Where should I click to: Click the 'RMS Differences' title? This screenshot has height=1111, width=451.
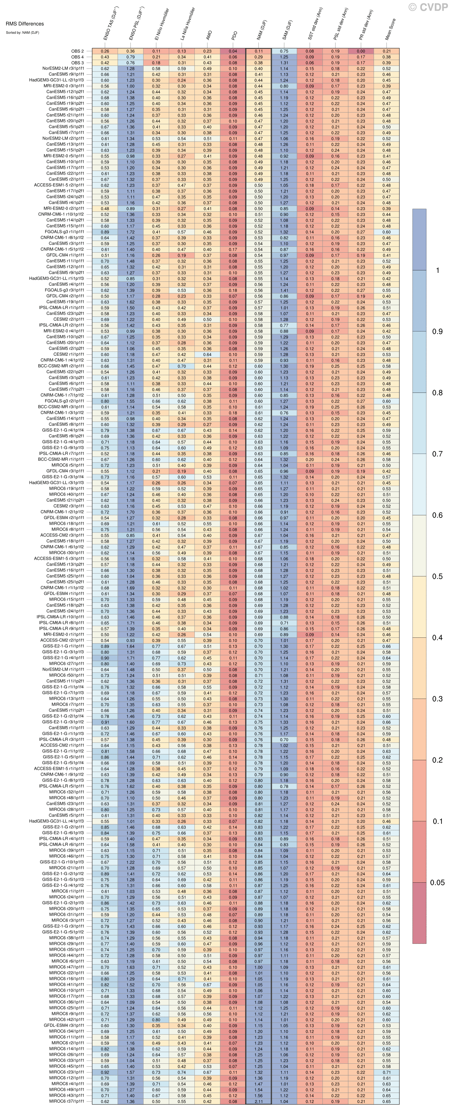[x=25, y=24]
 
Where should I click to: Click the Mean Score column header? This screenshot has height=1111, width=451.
[x=390, y=30]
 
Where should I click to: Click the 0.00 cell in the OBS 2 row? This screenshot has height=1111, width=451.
[x=361, y=51]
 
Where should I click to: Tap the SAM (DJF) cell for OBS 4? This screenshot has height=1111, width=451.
[x=284, y=57]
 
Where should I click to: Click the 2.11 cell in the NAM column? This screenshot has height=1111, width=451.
[x=258, y=1101]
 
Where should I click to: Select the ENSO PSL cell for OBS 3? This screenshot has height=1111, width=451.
[x=130, y=63]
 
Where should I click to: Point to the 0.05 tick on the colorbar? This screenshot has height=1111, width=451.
[x=437, y=882]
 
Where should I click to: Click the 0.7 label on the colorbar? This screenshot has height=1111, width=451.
[x=437, y=454]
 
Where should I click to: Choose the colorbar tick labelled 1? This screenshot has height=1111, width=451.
[x=437, y=270]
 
